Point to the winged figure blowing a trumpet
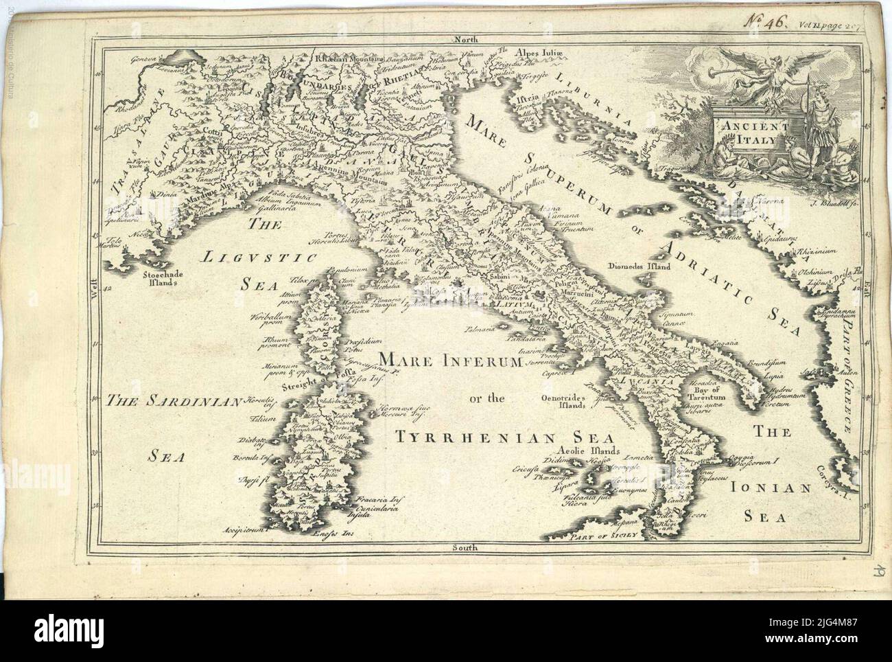pos(762,69)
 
